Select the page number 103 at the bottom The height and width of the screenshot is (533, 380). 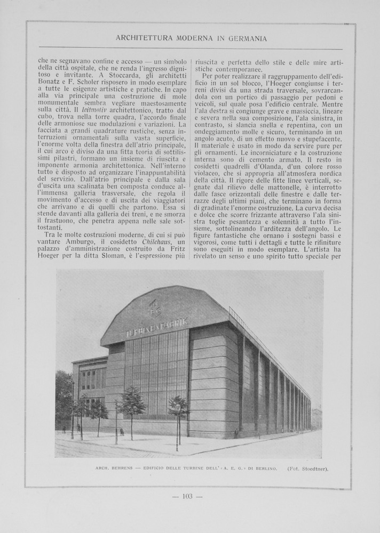(x=187, y=496)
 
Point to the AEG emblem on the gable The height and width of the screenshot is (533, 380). (x=154, y=308)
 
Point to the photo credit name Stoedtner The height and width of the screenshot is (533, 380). (x=313, y=469)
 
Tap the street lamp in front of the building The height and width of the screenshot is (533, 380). (x=178, y=426)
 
